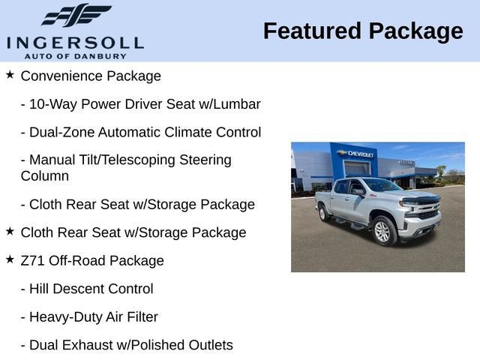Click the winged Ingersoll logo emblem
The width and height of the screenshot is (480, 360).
coord(76,15)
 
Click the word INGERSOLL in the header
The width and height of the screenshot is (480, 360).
coord(75,43)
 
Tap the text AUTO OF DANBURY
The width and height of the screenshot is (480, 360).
coord(75,56)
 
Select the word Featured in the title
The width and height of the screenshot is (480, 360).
coord(312,31)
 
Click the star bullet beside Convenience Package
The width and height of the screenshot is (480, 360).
coord(10,74)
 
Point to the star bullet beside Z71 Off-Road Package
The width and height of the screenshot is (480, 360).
coord(10,259)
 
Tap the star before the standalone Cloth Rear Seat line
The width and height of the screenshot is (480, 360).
coord(10,231)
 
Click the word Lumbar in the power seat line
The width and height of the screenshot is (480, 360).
coord(237,104)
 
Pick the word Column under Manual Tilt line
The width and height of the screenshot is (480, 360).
coord(45,176)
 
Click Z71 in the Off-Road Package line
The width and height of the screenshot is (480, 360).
coord(33,260)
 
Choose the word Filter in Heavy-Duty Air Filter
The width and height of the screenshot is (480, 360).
coord(142,316)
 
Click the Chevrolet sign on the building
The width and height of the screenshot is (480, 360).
coord(355,154)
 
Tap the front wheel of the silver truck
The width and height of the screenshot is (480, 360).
coord(382,231)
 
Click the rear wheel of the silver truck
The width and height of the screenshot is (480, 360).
coord(323,213)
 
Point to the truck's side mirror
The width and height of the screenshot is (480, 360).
coord(358,192)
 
